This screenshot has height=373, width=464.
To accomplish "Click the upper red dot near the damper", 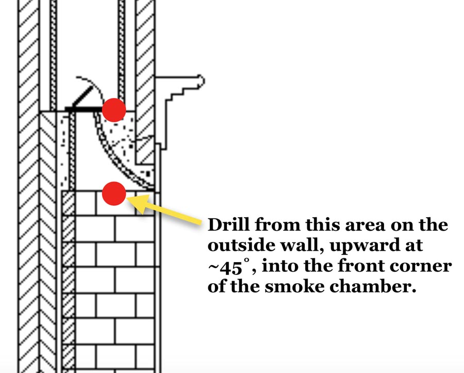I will pyautogui.click(x=113, y=110).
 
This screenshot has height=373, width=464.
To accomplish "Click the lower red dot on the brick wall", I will pyautogui.click(x=114, y=193).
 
